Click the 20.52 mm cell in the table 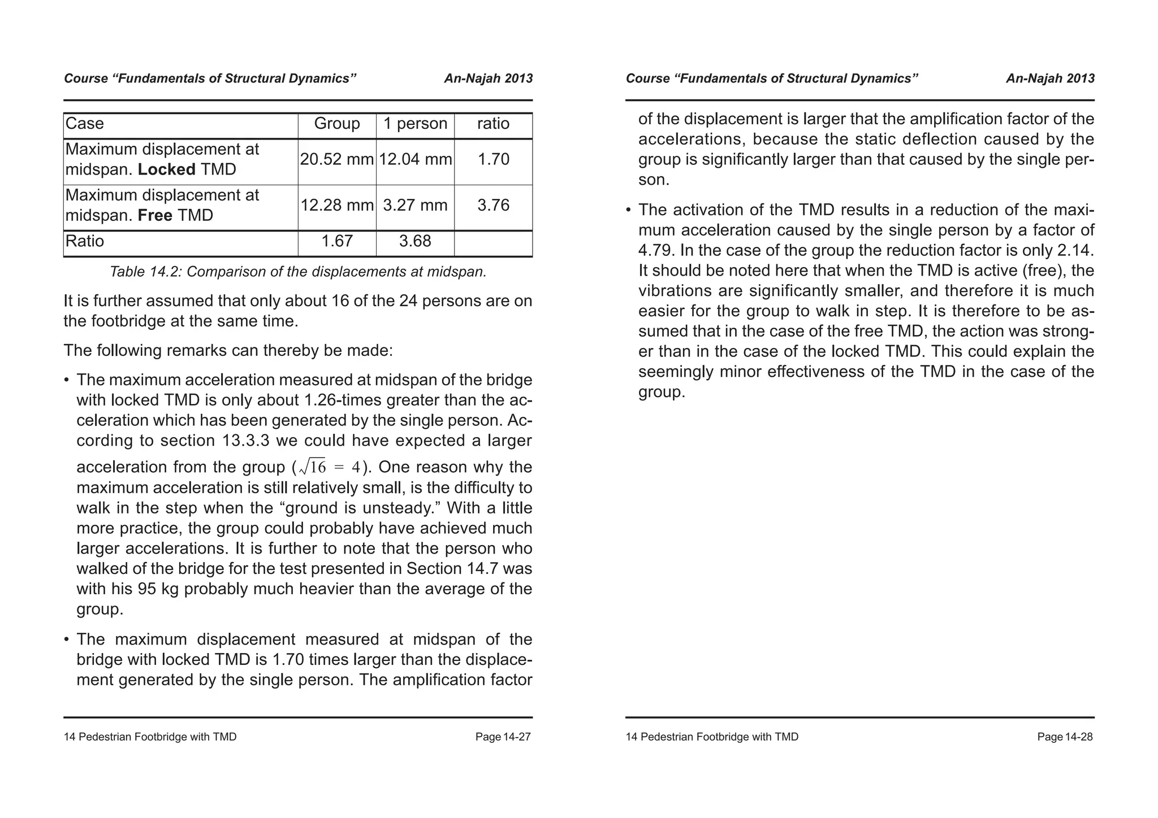(x=337, y=160)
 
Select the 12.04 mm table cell (x=415, y=160)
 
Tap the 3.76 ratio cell (x=493, y=205)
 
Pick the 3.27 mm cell (x=415, y=205)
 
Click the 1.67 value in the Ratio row (x=337, y=242)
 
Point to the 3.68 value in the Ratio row (x=415, y=242)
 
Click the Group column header (x=337, y=124)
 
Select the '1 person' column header (x=415, y=124)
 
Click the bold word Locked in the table (x=166, y=169)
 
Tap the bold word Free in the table (x=154, y=215)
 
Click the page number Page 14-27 (x=503, y=737)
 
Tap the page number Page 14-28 (x=1065, y=737)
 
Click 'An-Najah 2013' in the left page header (x=488, y=79)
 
